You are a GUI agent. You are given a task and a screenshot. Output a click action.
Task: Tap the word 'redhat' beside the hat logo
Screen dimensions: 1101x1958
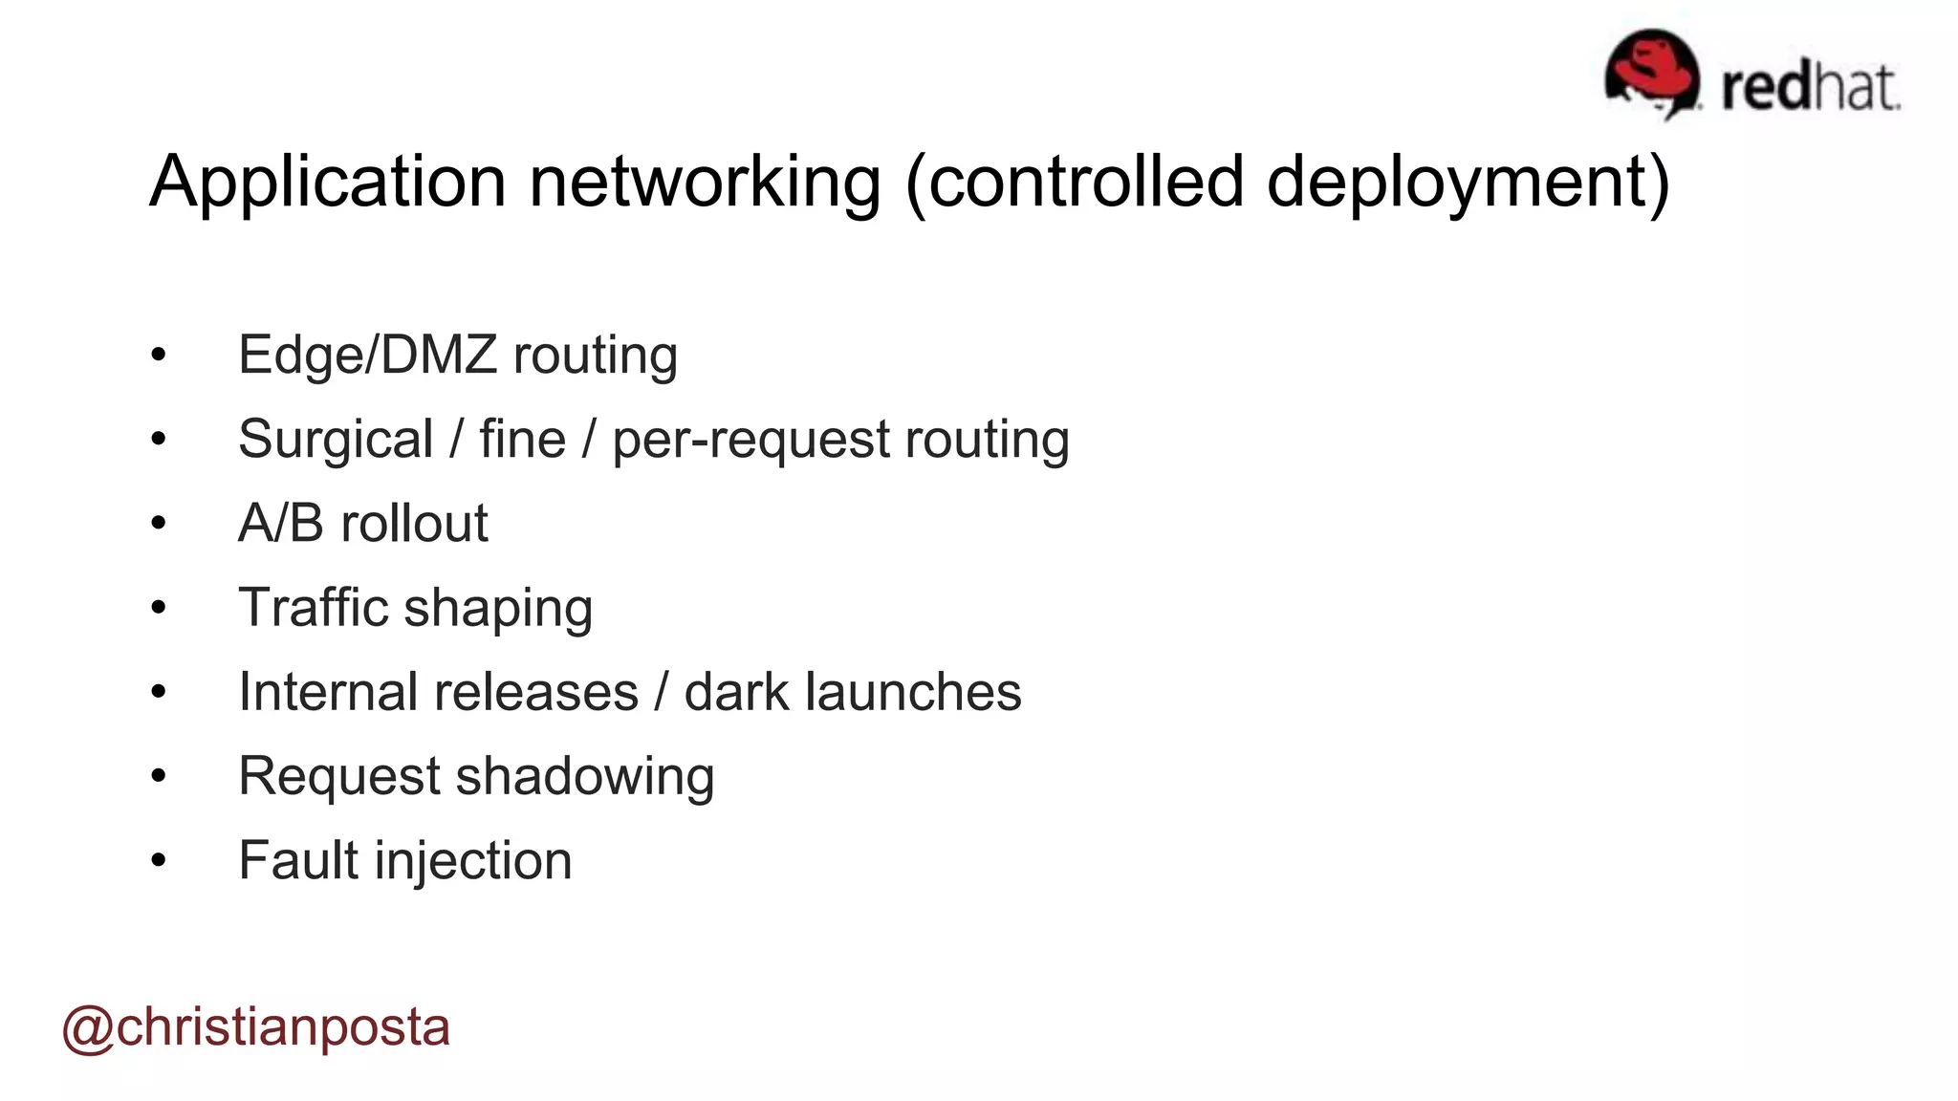click(x=1811, y=88)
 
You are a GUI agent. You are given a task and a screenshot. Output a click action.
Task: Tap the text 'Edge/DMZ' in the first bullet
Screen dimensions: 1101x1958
click(x=367, y=355)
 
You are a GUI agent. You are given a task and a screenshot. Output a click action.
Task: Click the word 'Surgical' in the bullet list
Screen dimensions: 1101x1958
click(x=336, y=440)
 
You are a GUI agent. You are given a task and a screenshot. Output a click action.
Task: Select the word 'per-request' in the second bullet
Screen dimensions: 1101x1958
click(x=750, y=440)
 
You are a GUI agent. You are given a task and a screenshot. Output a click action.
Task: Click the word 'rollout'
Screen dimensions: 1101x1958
click(x=414, y=523)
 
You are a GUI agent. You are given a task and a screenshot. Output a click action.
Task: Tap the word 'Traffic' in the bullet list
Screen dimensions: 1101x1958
click(x=313, y=608)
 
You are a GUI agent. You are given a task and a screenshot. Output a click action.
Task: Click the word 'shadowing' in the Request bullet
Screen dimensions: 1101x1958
click(x=585, y=776)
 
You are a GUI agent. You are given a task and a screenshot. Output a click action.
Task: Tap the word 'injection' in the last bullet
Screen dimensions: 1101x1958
click(x=473, y=860)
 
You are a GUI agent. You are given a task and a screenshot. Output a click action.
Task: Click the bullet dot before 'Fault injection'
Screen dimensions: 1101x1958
click(x=159, y=860)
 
